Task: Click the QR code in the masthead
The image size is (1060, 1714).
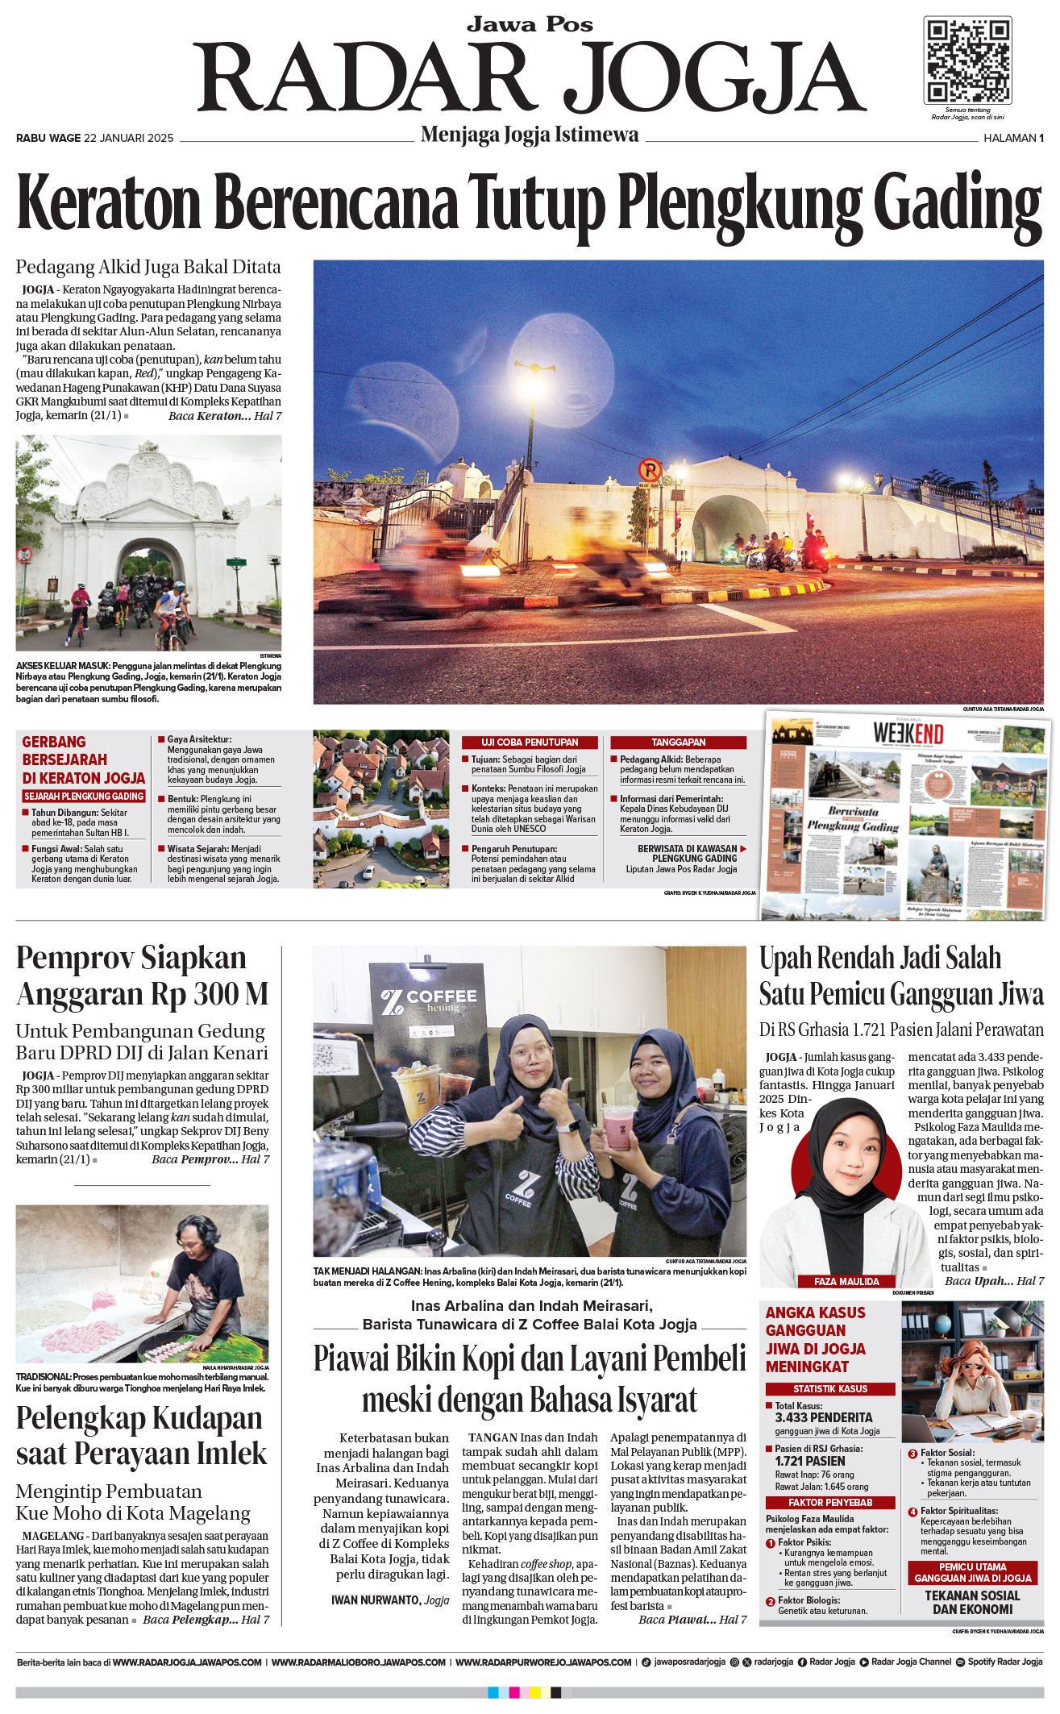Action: (x=966, y=61)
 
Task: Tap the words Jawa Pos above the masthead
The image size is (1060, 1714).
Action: (x=530, y=24)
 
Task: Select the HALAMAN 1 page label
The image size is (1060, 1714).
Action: (x=1013, y=138)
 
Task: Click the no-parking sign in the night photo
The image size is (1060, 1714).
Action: (x=649, y=470)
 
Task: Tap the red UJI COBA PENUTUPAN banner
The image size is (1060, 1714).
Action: (x=530, y=742)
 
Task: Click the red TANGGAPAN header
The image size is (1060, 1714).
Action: (x=678, y=742)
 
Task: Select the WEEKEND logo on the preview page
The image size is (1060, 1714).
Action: (x=908, y=734)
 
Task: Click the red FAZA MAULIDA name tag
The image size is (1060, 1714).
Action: (x=846, y=1281)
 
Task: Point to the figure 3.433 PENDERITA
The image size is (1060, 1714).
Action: (x=823, y=1417)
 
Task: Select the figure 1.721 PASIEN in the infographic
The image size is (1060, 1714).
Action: (x=810, y=1460)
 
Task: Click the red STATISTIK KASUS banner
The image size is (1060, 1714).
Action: (x=829, y=1388)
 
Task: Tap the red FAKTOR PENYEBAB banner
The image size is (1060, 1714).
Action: (x=829, y=1502)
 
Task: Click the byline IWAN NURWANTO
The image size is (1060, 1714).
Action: (x=376, y=1600)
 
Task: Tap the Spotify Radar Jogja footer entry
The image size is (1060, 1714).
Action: (x=1004, y=1662)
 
